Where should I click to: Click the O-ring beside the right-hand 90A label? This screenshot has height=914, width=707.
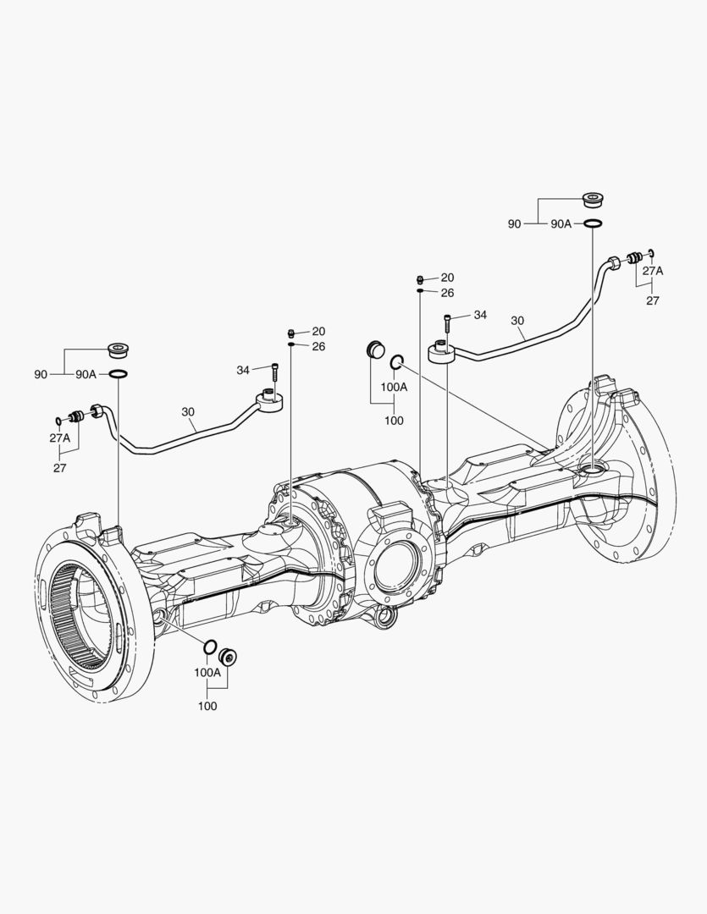click(594, 224)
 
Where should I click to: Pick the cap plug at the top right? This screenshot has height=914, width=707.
click(594, 201)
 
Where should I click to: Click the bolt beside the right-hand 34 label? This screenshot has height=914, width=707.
click(447, 324)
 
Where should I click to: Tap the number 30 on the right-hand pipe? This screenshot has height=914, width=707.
click(517, 321)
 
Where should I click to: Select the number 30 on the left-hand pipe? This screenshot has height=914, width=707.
click(188, 412)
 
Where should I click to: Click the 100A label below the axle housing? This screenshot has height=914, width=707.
click(207, 673)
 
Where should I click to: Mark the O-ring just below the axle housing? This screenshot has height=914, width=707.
click(208, 649)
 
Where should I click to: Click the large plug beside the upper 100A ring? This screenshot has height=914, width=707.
click(375, 350)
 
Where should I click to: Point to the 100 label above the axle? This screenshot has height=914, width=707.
click(393, 421)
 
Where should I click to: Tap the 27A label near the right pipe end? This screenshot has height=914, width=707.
click(652, 271)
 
